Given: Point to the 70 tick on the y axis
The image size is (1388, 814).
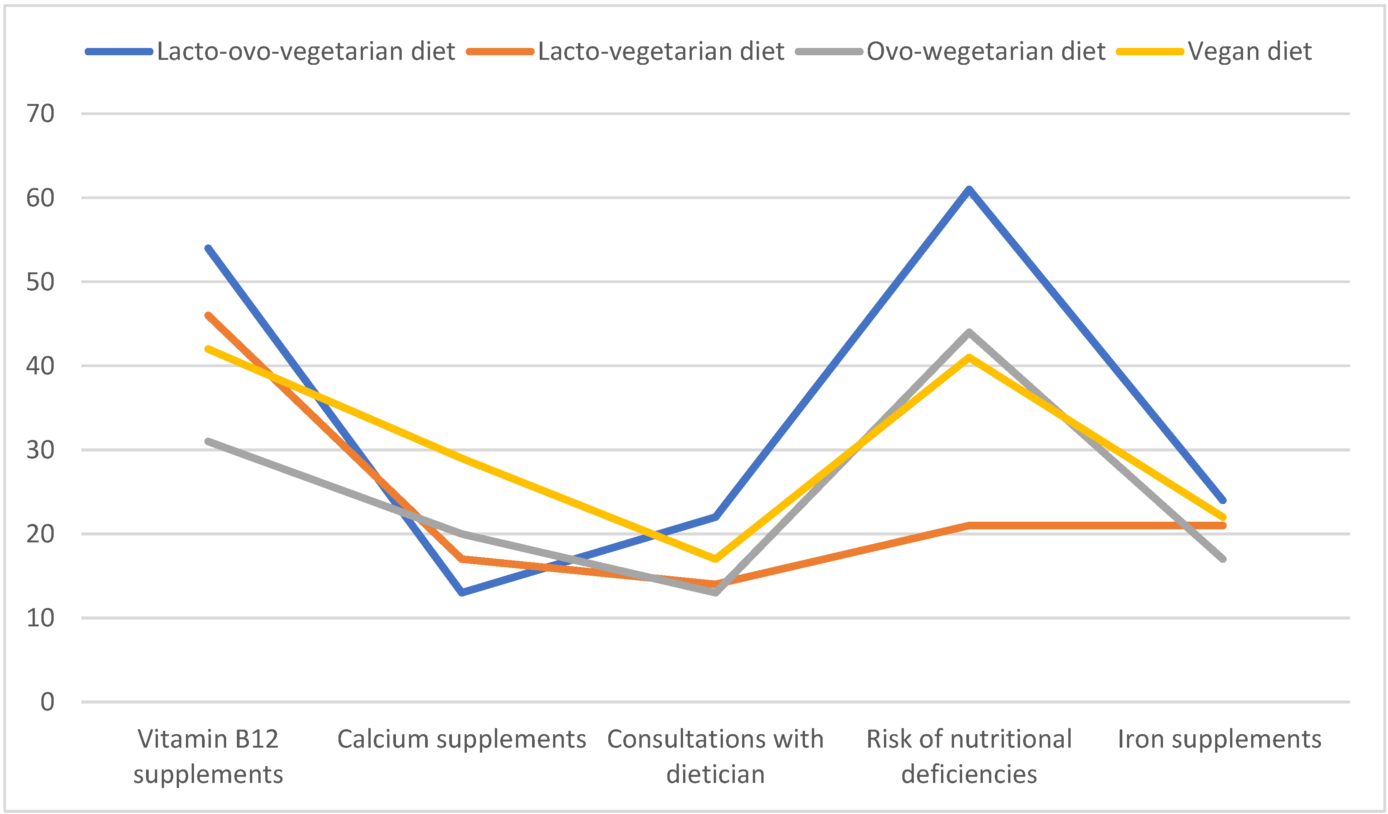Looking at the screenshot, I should [40, 114].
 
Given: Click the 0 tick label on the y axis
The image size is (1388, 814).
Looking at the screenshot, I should [48, 702].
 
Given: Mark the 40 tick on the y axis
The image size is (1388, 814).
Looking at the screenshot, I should [40, 366].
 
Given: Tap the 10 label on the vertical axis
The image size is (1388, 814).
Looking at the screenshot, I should [40, 618].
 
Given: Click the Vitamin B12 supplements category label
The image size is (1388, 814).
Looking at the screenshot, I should [208, 756].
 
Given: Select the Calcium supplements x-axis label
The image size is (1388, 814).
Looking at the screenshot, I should [462, 739].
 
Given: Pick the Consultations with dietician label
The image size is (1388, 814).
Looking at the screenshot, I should [715, 756].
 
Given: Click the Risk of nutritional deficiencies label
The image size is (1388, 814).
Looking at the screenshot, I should [969, 756].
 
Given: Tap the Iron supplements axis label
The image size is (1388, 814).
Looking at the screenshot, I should [1219, 739].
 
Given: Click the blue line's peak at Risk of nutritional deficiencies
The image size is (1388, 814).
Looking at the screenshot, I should [969, 189].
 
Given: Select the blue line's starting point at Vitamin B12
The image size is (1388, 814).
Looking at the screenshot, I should [208, 248].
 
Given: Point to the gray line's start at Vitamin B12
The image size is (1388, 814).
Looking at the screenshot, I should [208, 442].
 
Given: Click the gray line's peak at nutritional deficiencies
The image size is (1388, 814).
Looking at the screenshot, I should [969, 332].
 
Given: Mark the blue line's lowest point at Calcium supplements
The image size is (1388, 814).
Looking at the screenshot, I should [462, 592].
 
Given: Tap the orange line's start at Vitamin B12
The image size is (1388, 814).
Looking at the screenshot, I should [208, 315].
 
